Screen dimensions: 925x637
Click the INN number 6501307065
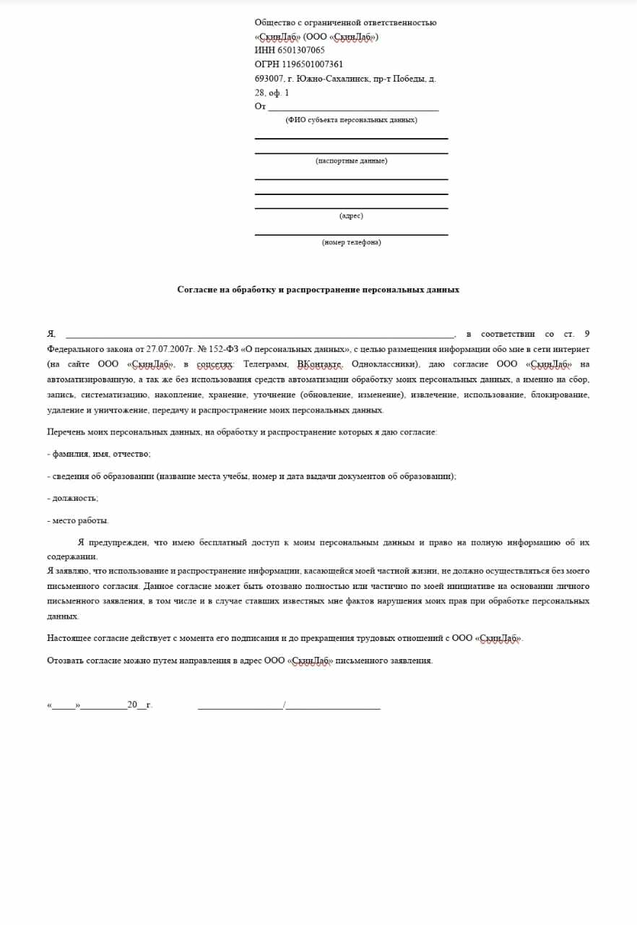(x=300, y=51)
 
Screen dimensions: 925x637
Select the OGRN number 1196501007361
(x=312, y=64)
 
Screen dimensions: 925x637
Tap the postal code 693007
(x=267, y=79)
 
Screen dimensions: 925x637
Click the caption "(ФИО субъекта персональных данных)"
(x=351, y=120)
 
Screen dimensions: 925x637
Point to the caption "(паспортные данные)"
(x=351, y=160)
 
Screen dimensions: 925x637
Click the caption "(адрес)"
(x=351, y=215)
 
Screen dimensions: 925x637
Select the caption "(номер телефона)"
(x=351, y=242)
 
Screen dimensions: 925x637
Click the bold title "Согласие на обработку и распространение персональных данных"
(x=318, y=290)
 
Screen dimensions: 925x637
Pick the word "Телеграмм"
(x=266, y=364)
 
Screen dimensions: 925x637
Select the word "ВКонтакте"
(x=319, y=364)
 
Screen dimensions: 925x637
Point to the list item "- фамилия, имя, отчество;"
(x=99, y=454)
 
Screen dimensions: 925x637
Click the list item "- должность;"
(x=72, y=498)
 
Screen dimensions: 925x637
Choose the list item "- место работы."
(x=78, y=520)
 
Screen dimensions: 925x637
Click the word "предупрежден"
(x=118, y=542)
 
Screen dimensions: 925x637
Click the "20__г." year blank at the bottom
(x=139, y=705)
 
